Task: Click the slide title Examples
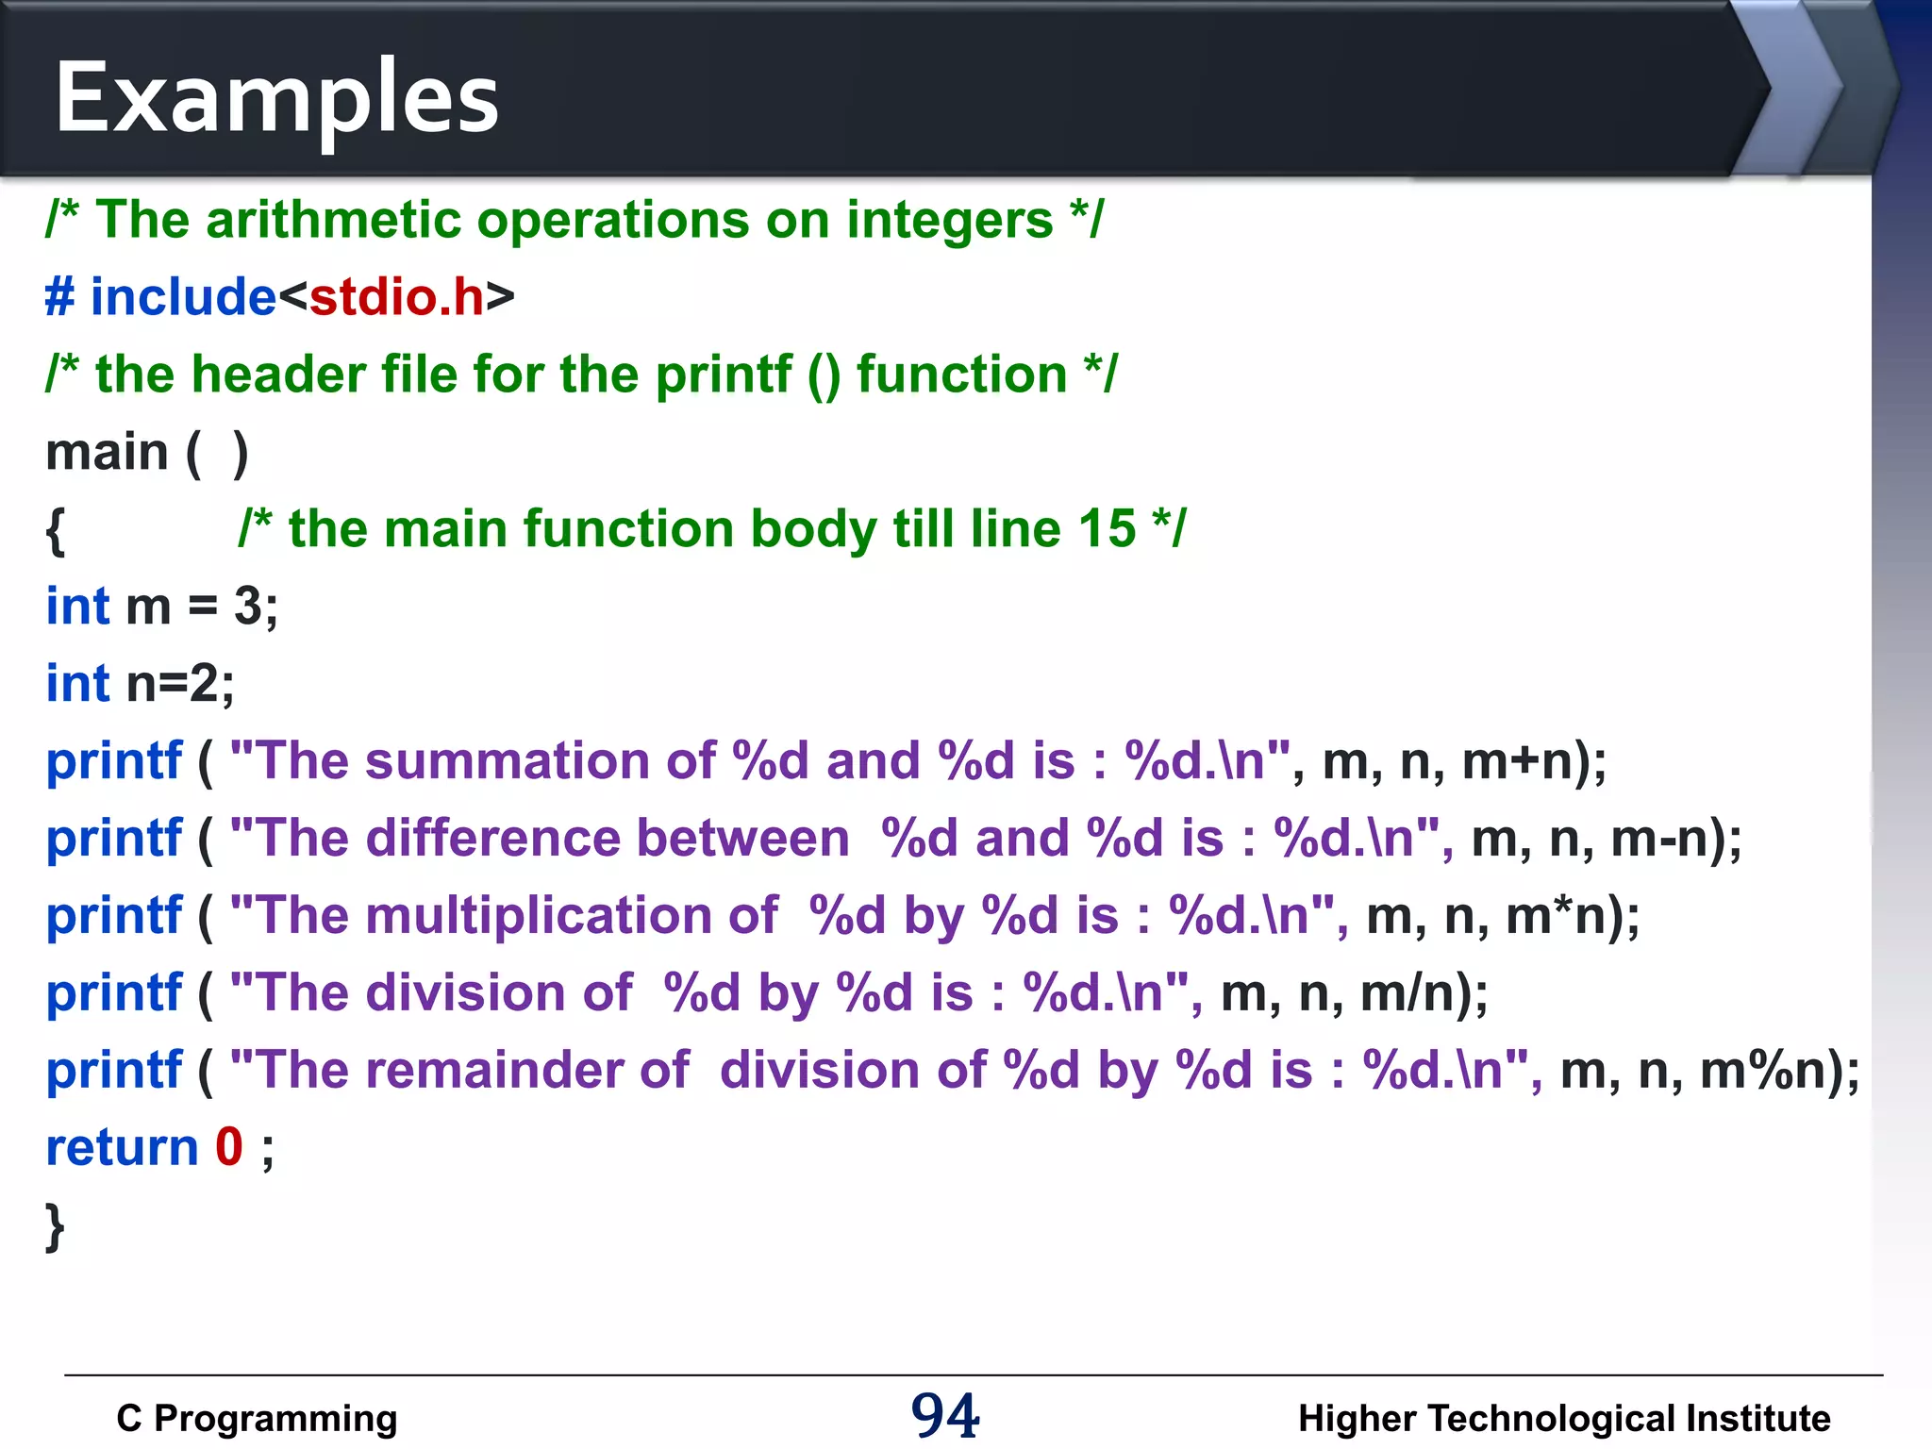coord(276,98)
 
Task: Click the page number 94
coord(945,1415)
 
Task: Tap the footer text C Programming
coord(257,1418)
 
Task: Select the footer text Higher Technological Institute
coord(1564,1418)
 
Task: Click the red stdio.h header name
coord(397,297)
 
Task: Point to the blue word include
coord(183,297)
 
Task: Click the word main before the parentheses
coord(107,452)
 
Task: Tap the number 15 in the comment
coord(1107,528)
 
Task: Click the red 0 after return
coord(229,1147)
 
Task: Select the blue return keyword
coord(123,1147)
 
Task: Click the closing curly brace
coord(56,1226)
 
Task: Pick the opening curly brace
coord(56,530)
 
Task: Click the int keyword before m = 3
coord(78,606)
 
